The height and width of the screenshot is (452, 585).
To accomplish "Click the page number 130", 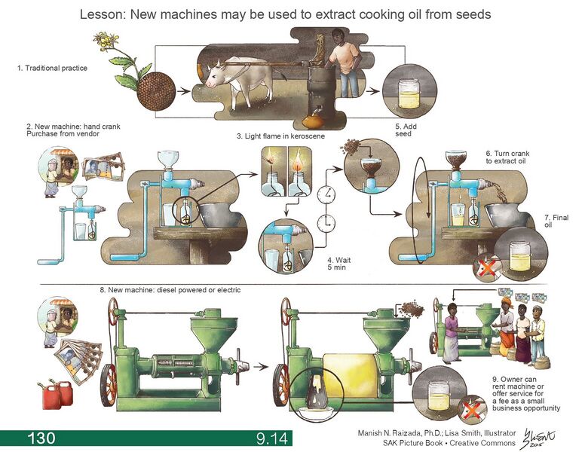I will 41,438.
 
